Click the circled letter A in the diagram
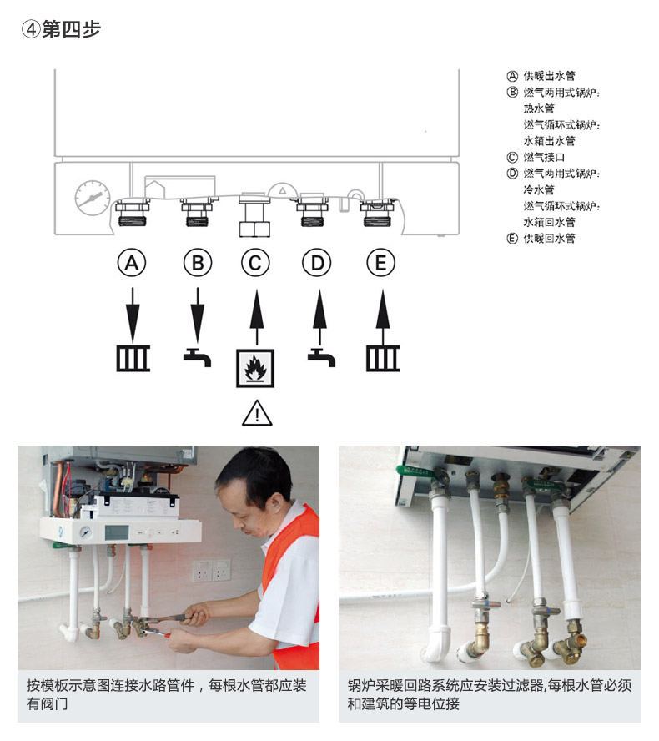pyautogui.click(x=131, y=264)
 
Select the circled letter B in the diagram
pyautogui.click(x=198, y=264)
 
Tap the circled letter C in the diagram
pyautogui.click(x=256, y=264)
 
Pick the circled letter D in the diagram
pyautogui.click(x=317, y=264)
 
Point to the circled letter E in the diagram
pyautogui.click(x=381, y=264)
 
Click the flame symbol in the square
pyautogui.click(x=256, y=368)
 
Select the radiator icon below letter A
pyautogui.click(x=133, y=359)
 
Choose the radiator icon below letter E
pyautogui.click(x=382, y=359)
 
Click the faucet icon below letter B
pyautogui.click(x=197, y=357)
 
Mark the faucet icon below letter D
pyautogui.click(x=321, y=357)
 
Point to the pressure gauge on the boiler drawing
pyautogui.click(x=92, y=198)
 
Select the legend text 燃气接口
pyautogui.click(x=544, y=157)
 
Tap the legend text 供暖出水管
pyautogui.click(x=549, y=76)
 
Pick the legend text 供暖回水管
pyautogui.click(x=549, y=239)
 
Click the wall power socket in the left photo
pyautogui.click(x=211, y=571)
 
